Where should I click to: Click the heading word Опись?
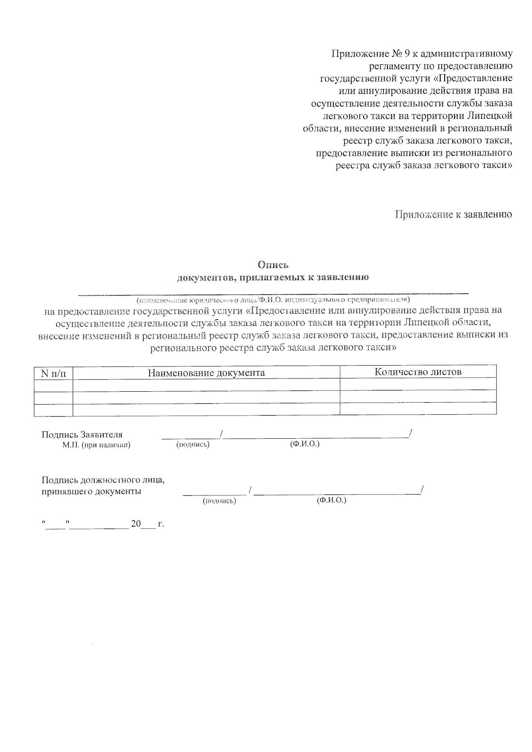tap(274, 265)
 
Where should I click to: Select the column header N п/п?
tap(53, 373)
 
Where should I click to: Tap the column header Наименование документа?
tap(206, 373)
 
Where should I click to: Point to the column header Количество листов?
tap(418, 372)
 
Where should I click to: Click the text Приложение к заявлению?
tap(454, 214)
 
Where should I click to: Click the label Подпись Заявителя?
tap(82, 435)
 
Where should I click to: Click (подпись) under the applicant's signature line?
tap(192, 444)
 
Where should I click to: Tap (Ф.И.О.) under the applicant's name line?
tap(304, 444)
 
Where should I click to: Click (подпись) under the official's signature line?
tap(219, 501)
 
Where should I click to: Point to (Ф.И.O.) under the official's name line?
tap(331, 500)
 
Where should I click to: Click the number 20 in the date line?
tap(136, 524)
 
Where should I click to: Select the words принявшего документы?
tap(91, 491)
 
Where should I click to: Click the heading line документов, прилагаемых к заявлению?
tap(273, 278)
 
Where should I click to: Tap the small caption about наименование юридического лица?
tap(273, 299)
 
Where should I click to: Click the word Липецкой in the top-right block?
tap(490, 116)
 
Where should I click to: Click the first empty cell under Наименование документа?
tap(206, 385)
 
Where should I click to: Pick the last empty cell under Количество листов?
tap(418, 408)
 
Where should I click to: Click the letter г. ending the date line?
tap(160, 524)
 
